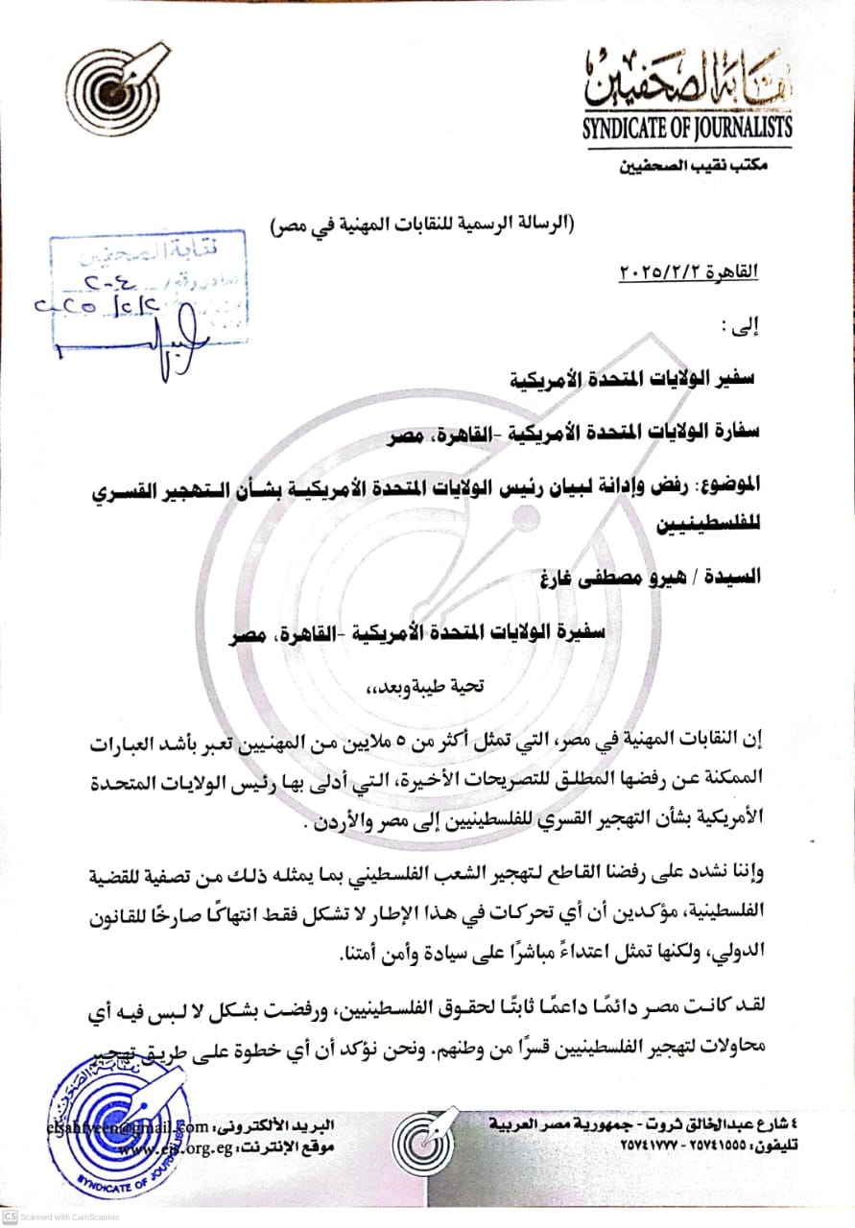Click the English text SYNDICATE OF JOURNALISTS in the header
(686, 127)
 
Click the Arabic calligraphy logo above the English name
(687, 81)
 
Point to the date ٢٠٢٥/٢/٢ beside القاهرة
(663, 272)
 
